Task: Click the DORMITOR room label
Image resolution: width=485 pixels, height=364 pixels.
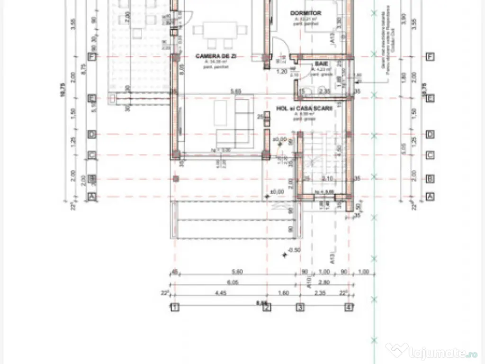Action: [305, 13]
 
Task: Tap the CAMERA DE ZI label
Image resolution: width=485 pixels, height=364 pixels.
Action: [216, 56]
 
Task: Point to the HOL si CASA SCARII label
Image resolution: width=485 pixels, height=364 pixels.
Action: [304, 109]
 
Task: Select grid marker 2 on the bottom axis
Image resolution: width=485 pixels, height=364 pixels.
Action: [267, 307]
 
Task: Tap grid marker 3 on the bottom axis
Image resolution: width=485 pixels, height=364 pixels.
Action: [300, 307]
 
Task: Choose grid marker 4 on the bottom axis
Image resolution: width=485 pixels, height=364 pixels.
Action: [349, 307]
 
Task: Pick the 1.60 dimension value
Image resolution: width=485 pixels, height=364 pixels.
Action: [283, 293]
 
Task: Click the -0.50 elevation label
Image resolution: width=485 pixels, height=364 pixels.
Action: [294, 250]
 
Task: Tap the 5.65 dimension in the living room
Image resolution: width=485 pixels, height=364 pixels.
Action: [235, 91]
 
